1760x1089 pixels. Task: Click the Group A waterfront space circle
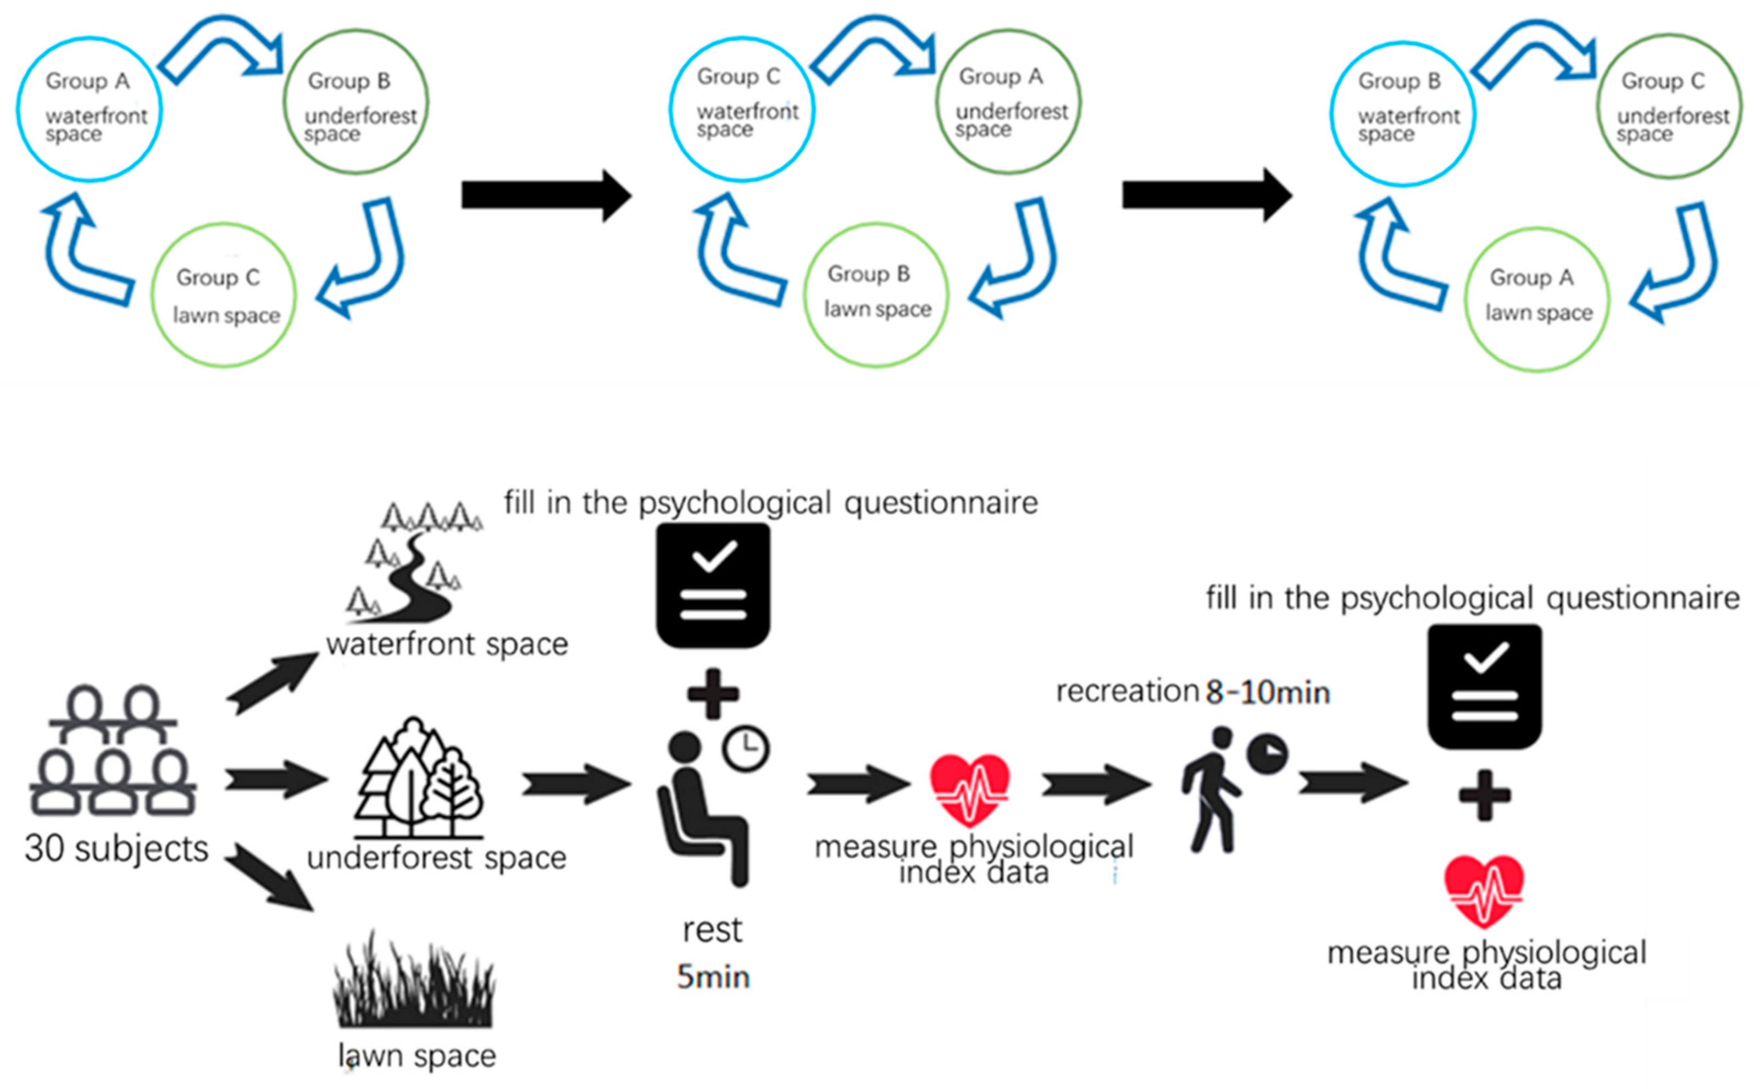90,109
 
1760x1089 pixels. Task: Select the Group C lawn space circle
223,295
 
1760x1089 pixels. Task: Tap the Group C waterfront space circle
742,109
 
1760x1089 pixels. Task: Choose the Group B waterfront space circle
1402,114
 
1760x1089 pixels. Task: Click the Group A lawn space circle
1537,299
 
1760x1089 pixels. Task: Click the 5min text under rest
713,977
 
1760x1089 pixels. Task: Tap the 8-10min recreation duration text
1268,693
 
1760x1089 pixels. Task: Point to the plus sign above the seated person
713,693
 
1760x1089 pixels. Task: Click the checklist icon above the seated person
713,585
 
